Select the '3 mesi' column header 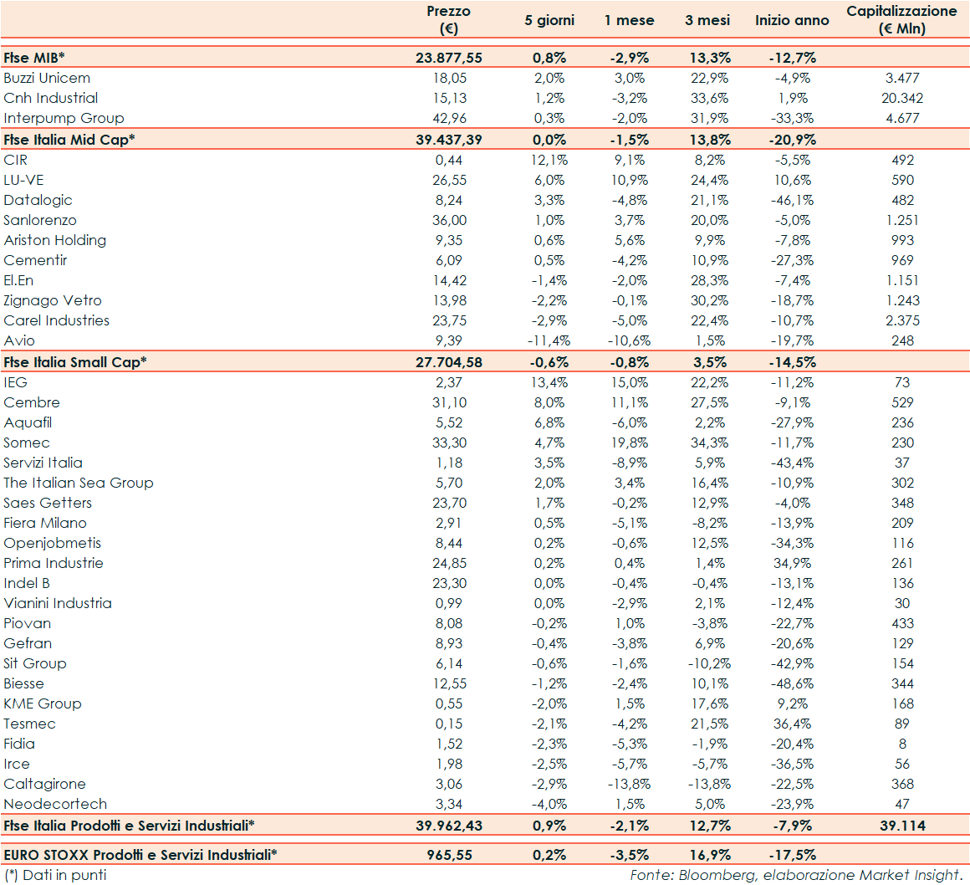tap(707, 20)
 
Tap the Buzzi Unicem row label tap(47, 78)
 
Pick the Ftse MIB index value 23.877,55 tap(448, 58)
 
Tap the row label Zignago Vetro tap(52, 300)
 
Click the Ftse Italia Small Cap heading tap(75, 362)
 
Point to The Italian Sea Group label tap(79, 483)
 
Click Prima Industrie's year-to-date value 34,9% tap(791, 563)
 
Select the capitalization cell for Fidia tap(902, 744)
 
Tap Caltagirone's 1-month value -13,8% tap(629, 784)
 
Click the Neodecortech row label tap(55, 804)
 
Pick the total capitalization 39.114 tap(902, 826)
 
